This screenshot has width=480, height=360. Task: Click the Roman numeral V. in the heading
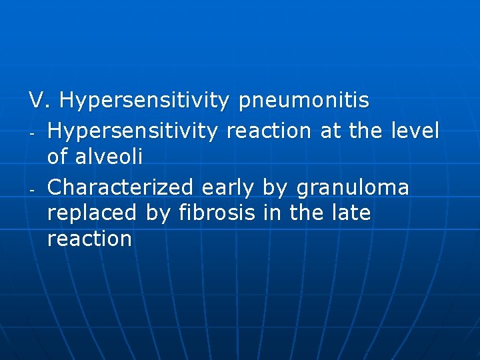[41, 101]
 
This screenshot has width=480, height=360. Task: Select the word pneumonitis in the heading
[303, 101]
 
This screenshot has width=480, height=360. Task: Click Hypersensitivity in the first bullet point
[133, 131]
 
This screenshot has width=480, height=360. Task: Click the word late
[347, 213]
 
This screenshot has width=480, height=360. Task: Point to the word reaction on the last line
[89, 239]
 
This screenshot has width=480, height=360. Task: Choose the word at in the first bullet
[331, 131]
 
